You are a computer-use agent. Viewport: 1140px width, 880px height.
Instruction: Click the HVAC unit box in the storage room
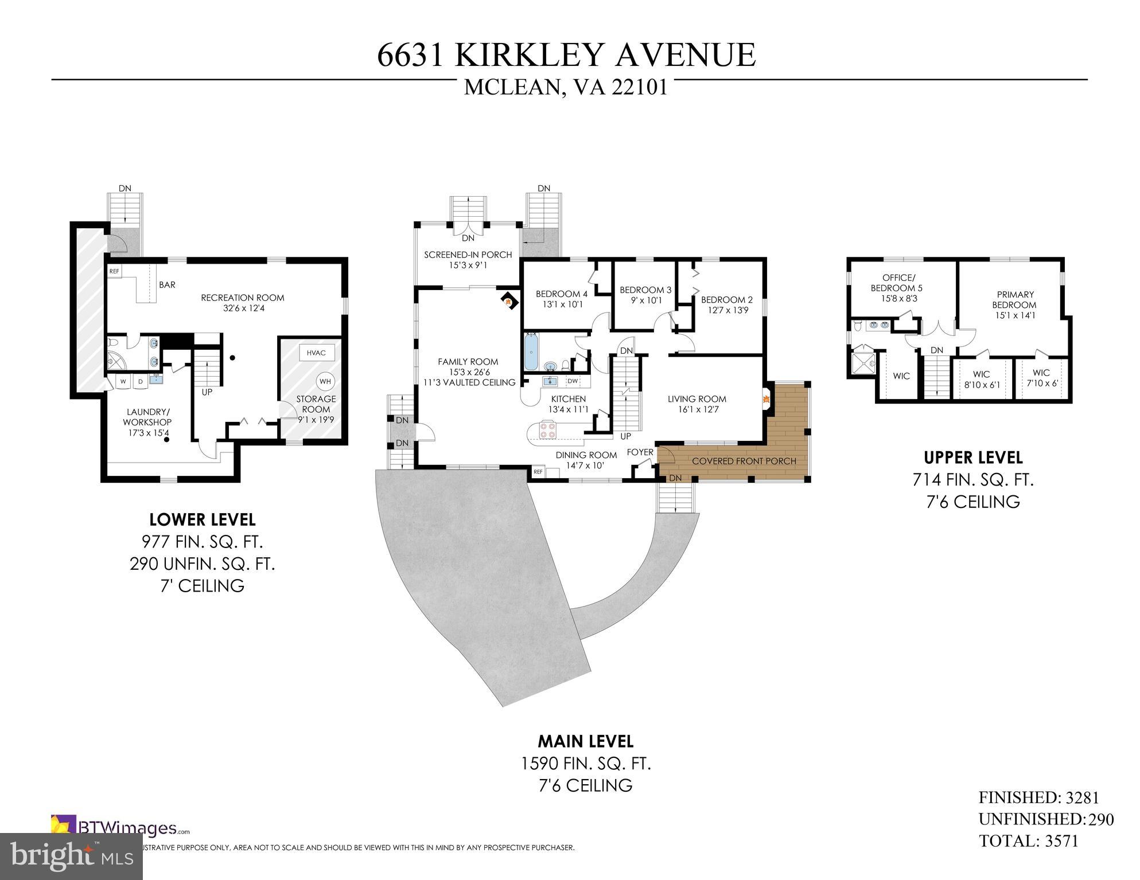316,353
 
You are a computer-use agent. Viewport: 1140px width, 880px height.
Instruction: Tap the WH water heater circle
325,381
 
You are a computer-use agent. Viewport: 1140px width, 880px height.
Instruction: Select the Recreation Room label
243,298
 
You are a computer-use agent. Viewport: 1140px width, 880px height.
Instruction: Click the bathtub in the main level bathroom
531,352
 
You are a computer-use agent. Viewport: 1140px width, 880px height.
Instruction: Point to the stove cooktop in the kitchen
547,429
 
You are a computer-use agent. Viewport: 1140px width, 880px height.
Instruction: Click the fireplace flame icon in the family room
507,299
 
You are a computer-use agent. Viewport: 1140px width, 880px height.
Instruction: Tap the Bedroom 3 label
645,290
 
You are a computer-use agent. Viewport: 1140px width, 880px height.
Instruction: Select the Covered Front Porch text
744,461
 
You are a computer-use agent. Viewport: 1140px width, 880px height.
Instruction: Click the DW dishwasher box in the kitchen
573,381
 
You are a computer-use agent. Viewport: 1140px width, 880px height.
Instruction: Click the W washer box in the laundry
123,381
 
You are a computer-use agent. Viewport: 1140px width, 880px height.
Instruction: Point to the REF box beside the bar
114,271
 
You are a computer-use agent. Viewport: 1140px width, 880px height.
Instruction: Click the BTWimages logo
120,828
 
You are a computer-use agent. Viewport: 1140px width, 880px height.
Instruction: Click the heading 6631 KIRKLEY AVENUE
566,56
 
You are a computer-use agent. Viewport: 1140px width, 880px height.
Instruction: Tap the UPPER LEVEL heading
973,457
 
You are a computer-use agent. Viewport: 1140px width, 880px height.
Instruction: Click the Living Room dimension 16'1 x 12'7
697,409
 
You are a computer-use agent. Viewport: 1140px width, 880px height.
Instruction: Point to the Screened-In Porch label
468,255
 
